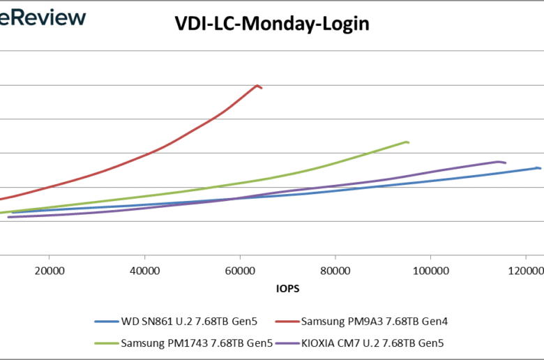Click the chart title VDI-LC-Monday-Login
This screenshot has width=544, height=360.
(271, 24)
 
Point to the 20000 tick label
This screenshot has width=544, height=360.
(49, 270)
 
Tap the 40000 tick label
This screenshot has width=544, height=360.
(144, 270)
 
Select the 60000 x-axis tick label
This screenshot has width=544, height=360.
(240, 270)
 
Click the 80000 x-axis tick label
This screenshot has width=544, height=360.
(335, 270)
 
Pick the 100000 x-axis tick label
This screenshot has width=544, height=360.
(430, 270)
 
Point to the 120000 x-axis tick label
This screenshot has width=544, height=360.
(524, 270)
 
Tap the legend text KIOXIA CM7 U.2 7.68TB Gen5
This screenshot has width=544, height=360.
(373, 343)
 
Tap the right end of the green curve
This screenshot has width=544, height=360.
(407, 142)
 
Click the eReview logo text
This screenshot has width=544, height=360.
(42, 17)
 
